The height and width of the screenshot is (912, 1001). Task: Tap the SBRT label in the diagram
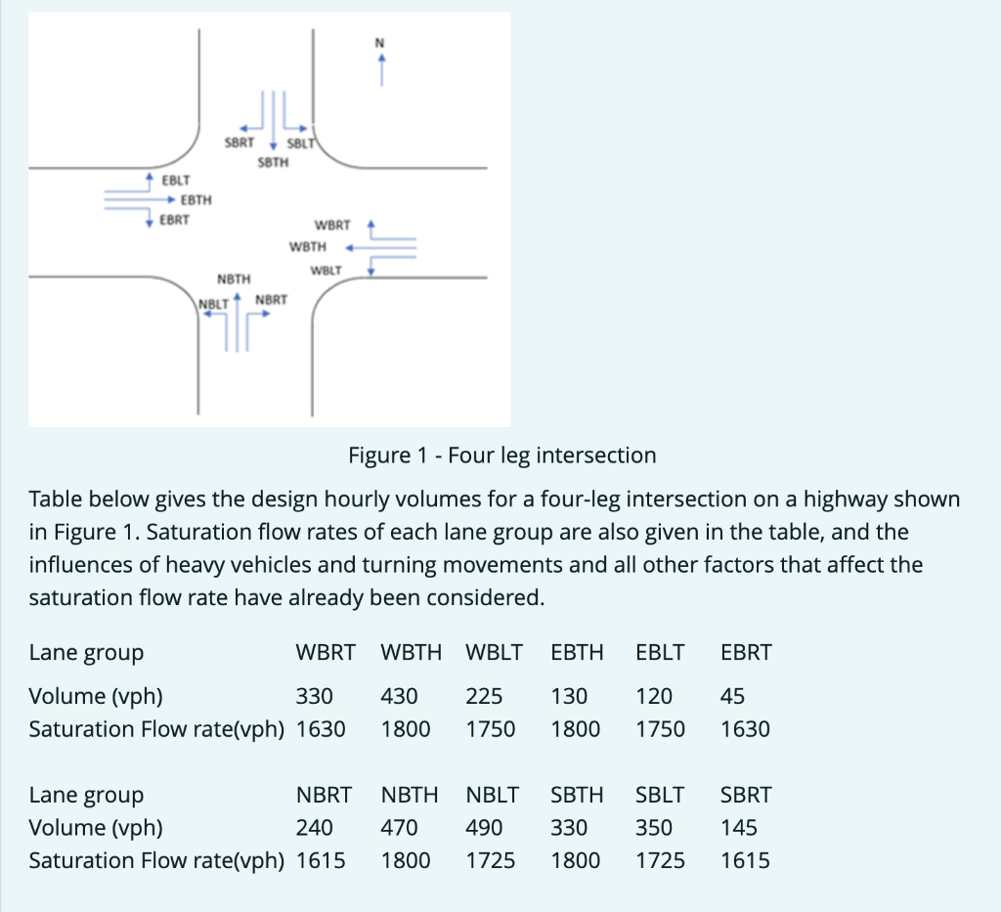click(x=239, y=143)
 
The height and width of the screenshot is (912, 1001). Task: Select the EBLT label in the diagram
click(x=177, y=181)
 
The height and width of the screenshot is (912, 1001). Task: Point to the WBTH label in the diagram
click(x=308, y=246)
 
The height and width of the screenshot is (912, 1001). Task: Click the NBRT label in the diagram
click(x=271, y=299)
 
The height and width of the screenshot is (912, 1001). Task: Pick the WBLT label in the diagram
click(x=326, y=269)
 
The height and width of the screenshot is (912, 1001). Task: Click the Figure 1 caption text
click(x=501, y=455)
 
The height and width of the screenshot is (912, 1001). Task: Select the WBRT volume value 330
click(x=315, y=696)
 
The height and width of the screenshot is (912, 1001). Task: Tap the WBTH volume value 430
click(x=400, y=696)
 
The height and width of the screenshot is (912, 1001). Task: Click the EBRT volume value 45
click(x=731, y=696)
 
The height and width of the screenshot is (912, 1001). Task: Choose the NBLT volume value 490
click(x=484, y=827)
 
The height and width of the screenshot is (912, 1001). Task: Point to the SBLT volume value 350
click(x=654, y=827)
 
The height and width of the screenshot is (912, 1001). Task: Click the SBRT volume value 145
click(x=738, y=827)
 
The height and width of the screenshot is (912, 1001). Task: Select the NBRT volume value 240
click(x=315, y=827)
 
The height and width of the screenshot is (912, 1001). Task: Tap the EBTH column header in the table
click(x=578, y=652)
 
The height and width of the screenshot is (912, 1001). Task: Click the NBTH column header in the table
click(x=410, y=795)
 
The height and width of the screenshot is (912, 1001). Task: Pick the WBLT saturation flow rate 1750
click(x=491, y=729)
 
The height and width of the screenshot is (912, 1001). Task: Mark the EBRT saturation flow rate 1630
click(x=745, y=729)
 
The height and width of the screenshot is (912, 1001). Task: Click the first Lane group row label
click(x=86, y=652)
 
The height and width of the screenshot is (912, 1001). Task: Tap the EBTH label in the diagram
click(x=196, y=199)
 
